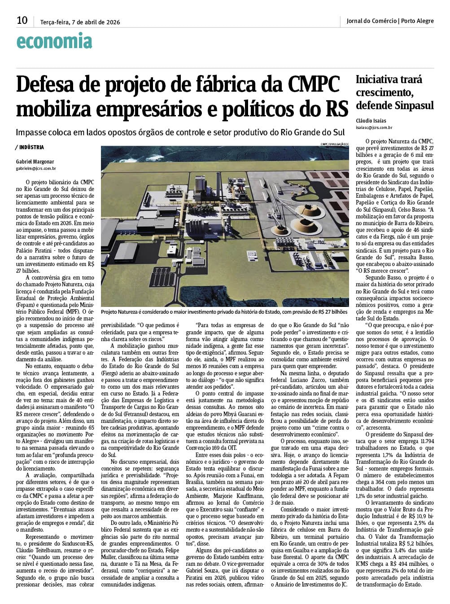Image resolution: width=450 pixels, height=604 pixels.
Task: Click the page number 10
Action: pos(22,20)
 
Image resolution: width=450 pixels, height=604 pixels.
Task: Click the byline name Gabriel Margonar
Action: pos(35,162)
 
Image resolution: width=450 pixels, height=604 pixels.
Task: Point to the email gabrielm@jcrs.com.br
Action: pos(36,169)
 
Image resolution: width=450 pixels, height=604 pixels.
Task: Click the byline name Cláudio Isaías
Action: pos(371,121)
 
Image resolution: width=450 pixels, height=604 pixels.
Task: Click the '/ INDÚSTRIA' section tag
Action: pos(30,147)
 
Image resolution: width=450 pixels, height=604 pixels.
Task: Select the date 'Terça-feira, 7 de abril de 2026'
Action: pos(80,22)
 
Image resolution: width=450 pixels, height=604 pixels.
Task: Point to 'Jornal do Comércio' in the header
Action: pos(371,21)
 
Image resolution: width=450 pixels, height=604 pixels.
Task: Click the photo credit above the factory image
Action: pos(334,144)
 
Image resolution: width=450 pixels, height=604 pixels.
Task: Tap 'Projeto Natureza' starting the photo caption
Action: pos(120,311)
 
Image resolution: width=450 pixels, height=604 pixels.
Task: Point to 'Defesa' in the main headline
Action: pos(44,84)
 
